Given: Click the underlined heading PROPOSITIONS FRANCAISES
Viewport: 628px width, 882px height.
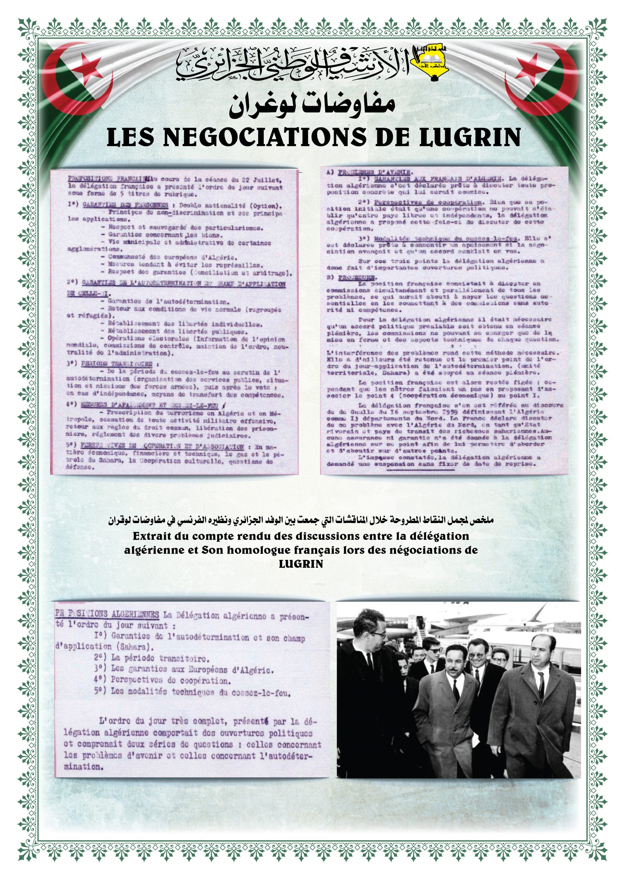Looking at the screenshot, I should [107, 179].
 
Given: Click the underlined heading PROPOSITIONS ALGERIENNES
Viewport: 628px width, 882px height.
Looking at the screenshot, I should [107, 614].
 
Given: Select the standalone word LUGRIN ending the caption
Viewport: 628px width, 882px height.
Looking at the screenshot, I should [301, 564].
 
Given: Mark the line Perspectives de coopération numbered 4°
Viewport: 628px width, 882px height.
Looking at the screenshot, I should [170, 680].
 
